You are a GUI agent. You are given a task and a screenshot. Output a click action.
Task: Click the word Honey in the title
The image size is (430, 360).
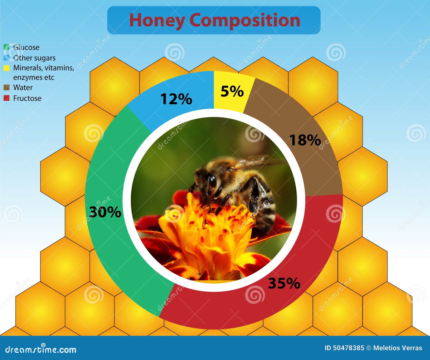157,20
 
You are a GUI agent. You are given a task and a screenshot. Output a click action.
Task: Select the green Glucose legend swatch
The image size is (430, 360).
7,47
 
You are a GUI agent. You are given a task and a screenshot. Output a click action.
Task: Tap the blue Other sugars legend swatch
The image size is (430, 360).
7,58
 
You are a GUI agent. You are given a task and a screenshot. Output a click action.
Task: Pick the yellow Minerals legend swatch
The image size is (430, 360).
7,68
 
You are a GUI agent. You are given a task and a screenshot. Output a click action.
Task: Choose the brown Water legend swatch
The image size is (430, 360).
7,87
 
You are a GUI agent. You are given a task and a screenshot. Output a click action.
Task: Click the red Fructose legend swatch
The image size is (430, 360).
7,98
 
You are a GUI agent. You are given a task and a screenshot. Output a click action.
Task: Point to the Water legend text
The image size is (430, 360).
23,87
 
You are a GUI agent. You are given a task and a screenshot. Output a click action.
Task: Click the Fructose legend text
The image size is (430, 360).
27,98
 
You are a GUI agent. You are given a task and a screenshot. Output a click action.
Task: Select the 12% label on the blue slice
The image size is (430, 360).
176,99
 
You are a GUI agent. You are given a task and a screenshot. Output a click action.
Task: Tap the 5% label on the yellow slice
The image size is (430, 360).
232,91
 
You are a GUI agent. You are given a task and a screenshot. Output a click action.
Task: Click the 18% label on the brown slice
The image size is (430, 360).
305,140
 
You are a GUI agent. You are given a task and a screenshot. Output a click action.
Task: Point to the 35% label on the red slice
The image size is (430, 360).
284,283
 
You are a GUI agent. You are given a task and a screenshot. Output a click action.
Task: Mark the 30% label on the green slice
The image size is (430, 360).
105,212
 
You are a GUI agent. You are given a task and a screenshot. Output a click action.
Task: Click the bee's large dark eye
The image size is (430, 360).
212,182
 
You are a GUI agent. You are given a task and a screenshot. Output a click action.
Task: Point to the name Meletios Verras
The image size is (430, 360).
398,348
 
